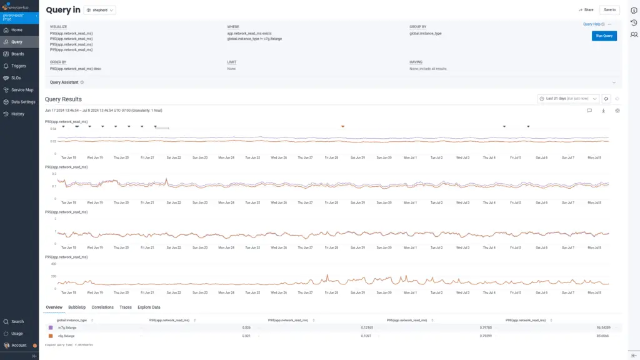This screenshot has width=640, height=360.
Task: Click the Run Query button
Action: (x=604, y=36)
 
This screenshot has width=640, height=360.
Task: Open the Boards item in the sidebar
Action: (x=17, y=54)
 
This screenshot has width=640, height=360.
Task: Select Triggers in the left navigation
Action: (x=19, y=66)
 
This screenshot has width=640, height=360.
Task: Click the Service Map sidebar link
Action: (x=22, y=90)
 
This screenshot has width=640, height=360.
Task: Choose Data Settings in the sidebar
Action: (x=23, y=102)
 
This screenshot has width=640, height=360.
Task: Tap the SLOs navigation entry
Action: (x=16, y=78)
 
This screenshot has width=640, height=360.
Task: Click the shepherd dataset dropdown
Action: (x=99, y=11)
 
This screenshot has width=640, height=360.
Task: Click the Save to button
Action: (x=609, y=10)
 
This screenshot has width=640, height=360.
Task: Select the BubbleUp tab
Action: (x=77, y=307)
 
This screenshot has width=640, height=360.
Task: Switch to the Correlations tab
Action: (x=102, y=307)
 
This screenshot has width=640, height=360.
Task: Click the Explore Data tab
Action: (x=149, y=307)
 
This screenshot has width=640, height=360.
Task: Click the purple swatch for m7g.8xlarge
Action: (x=51, y=327)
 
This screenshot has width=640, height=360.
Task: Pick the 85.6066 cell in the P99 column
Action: (x=602, y=336)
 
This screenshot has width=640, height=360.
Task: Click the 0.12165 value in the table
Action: (x=366, y=327)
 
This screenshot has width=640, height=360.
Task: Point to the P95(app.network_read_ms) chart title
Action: (x=66, y=212)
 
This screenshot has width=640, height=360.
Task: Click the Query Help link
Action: (x=592, y=24)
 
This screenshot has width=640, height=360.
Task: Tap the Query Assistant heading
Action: (x=64, y=82)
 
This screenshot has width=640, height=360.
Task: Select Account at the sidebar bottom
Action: (x=19, y=345)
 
